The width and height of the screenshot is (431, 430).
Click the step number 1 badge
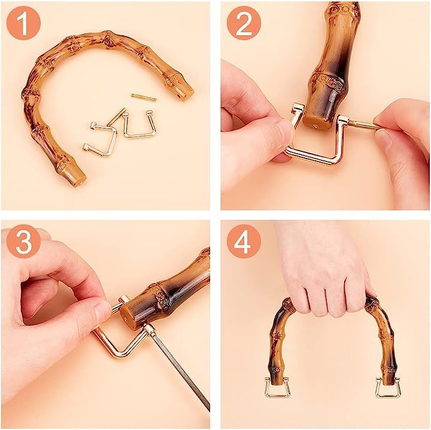coord(23,23)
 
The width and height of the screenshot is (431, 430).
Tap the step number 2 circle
coord(244,23)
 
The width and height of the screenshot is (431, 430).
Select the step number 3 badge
coord(23,241)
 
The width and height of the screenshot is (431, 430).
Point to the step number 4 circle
coord(244,241)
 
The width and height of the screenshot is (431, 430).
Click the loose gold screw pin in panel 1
coord(144,97)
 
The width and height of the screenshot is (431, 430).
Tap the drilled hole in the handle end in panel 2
coord(315,126)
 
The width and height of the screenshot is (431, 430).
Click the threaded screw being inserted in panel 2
coord(362,124)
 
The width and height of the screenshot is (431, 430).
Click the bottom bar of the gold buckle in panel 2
coord(313,157)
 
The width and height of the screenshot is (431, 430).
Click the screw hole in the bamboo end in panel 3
coord(126,320)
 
